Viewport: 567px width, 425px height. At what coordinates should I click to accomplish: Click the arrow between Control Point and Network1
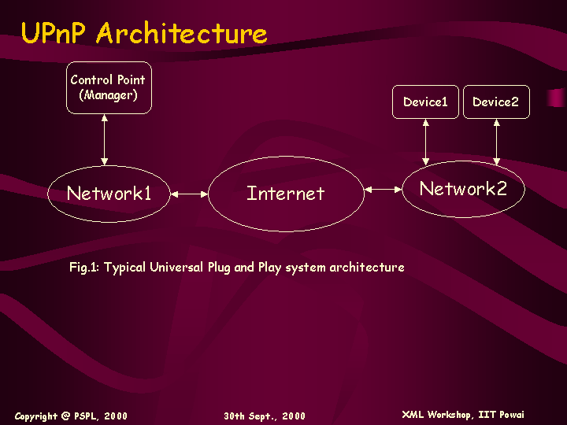click(x=105, y=140)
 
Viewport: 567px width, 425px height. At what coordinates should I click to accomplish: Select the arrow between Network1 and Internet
click(x=189, y=194)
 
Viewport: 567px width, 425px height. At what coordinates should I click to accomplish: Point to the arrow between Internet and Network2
click(x=383, y=189)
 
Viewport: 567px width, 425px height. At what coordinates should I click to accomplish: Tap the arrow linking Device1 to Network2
click(x=425, y=142)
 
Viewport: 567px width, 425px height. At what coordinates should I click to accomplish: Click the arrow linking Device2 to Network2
click(x=496, y=142)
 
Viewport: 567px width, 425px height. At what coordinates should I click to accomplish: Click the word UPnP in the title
click(x=54, y=32)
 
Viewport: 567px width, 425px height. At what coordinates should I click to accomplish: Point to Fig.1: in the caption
click(x=84, y=267)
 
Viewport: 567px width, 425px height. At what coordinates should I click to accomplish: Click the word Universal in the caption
click(x=176, y=267)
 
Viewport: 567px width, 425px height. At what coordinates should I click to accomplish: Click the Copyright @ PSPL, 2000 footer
click(x=71, y=416)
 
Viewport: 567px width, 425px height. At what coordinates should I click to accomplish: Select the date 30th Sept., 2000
click(x=265, y=416)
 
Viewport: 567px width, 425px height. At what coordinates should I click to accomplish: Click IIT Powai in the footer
click(x=501, y=415)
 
